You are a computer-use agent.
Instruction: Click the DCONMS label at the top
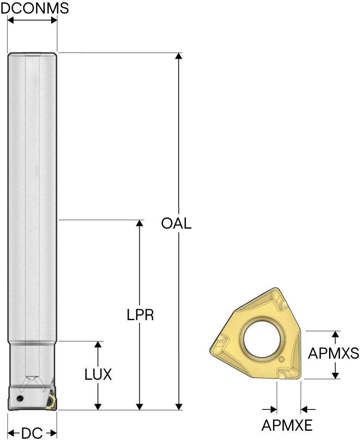(x=35, y=8)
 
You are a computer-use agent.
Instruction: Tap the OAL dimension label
(x=176, y=224)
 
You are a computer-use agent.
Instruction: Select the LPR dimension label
(x=140, y=315)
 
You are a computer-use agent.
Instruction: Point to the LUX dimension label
(x=98, y=374)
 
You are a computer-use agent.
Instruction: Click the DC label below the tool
(x=32, y=433)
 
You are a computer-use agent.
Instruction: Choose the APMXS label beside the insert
(x=333, y=353)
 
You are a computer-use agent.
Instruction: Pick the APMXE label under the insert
(x=287, y=425)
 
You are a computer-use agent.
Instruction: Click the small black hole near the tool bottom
(x=20, y=398)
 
